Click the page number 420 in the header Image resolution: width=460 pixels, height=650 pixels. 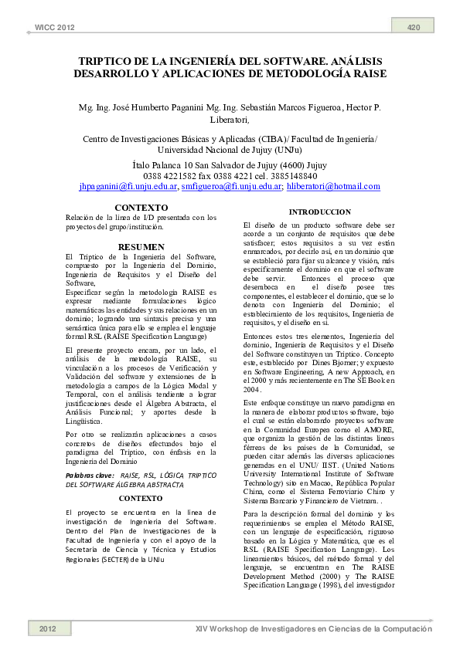(x=414, y=28)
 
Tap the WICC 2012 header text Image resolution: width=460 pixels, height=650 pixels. (x=55, y=28)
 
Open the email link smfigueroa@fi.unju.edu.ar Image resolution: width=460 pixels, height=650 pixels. (x=231, y=186)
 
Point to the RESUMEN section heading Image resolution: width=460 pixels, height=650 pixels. (x=141, y=246)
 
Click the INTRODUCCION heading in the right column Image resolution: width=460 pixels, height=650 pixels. (x=319, y=212)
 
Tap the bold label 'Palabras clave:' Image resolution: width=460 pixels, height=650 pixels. (x=90, y=454)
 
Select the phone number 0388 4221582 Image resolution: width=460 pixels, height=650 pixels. (x=172, y=176)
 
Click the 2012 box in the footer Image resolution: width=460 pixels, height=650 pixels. (x=48, y=629)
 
